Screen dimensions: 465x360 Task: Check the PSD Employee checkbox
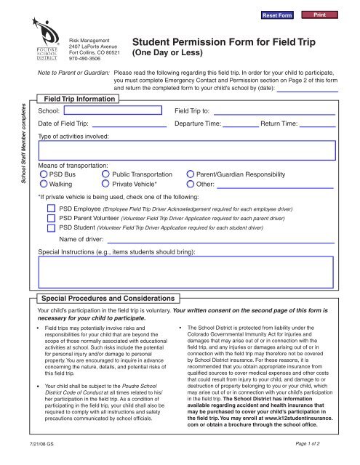pos(51,208)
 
